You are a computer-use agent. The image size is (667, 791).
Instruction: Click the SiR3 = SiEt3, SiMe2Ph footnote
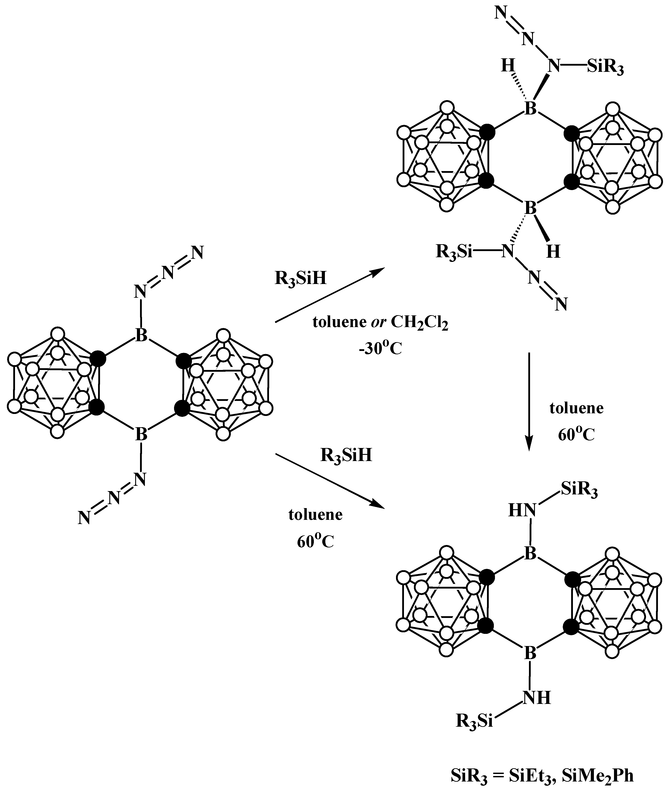click(x=542, y=774)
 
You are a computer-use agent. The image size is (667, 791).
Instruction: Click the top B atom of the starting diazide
click(x=141, y=335)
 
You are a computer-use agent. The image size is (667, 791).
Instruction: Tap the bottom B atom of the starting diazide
click(x=141, y=434)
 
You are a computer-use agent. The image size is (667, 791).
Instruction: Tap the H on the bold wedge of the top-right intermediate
click(x=553, y=252)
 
